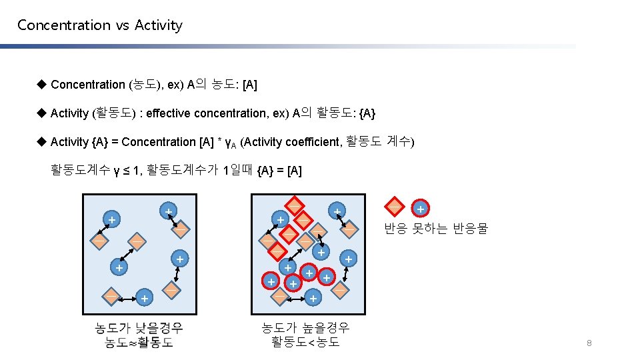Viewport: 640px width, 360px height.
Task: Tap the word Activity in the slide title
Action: click(x=158, y=25)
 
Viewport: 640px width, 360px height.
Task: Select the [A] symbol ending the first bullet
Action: click(x=250, y=85)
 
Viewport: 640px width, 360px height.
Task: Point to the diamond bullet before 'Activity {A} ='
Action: click(x=41, y=141)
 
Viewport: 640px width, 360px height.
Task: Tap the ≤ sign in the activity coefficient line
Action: click(x=125, y=171)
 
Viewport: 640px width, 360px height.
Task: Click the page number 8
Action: click(x=589, y=343)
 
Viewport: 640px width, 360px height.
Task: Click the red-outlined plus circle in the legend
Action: click(x=420, y=209)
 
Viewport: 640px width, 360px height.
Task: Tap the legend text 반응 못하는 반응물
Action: click(x=436, y=229)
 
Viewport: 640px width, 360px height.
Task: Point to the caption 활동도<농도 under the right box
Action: click(x=305, y=342)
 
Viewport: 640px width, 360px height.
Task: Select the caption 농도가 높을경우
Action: click(x=305, y=327)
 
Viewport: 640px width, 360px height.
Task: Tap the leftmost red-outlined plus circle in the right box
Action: click(x=271, y=281)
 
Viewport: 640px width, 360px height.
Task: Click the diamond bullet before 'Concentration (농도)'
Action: click(x=41, y=84)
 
